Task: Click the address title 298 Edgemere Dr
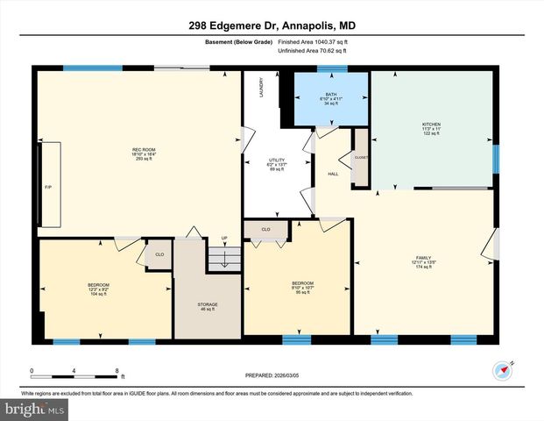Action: [x=272, y=26]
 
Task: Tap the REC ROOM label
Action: [x=143, y=149]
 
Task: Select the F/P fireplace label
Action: [x=49, y=187]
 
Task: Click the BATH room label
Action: [x=330, y=94]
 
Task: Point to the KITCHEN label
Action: [x=431, y=125]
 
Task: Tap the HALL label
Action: [x=333, y=174]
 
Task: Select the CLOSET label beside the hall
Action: [x=360, y=157]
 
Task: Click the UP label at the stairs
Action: [x=224, y=238]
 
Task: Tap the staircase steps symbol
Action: [x=224, y=258]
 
